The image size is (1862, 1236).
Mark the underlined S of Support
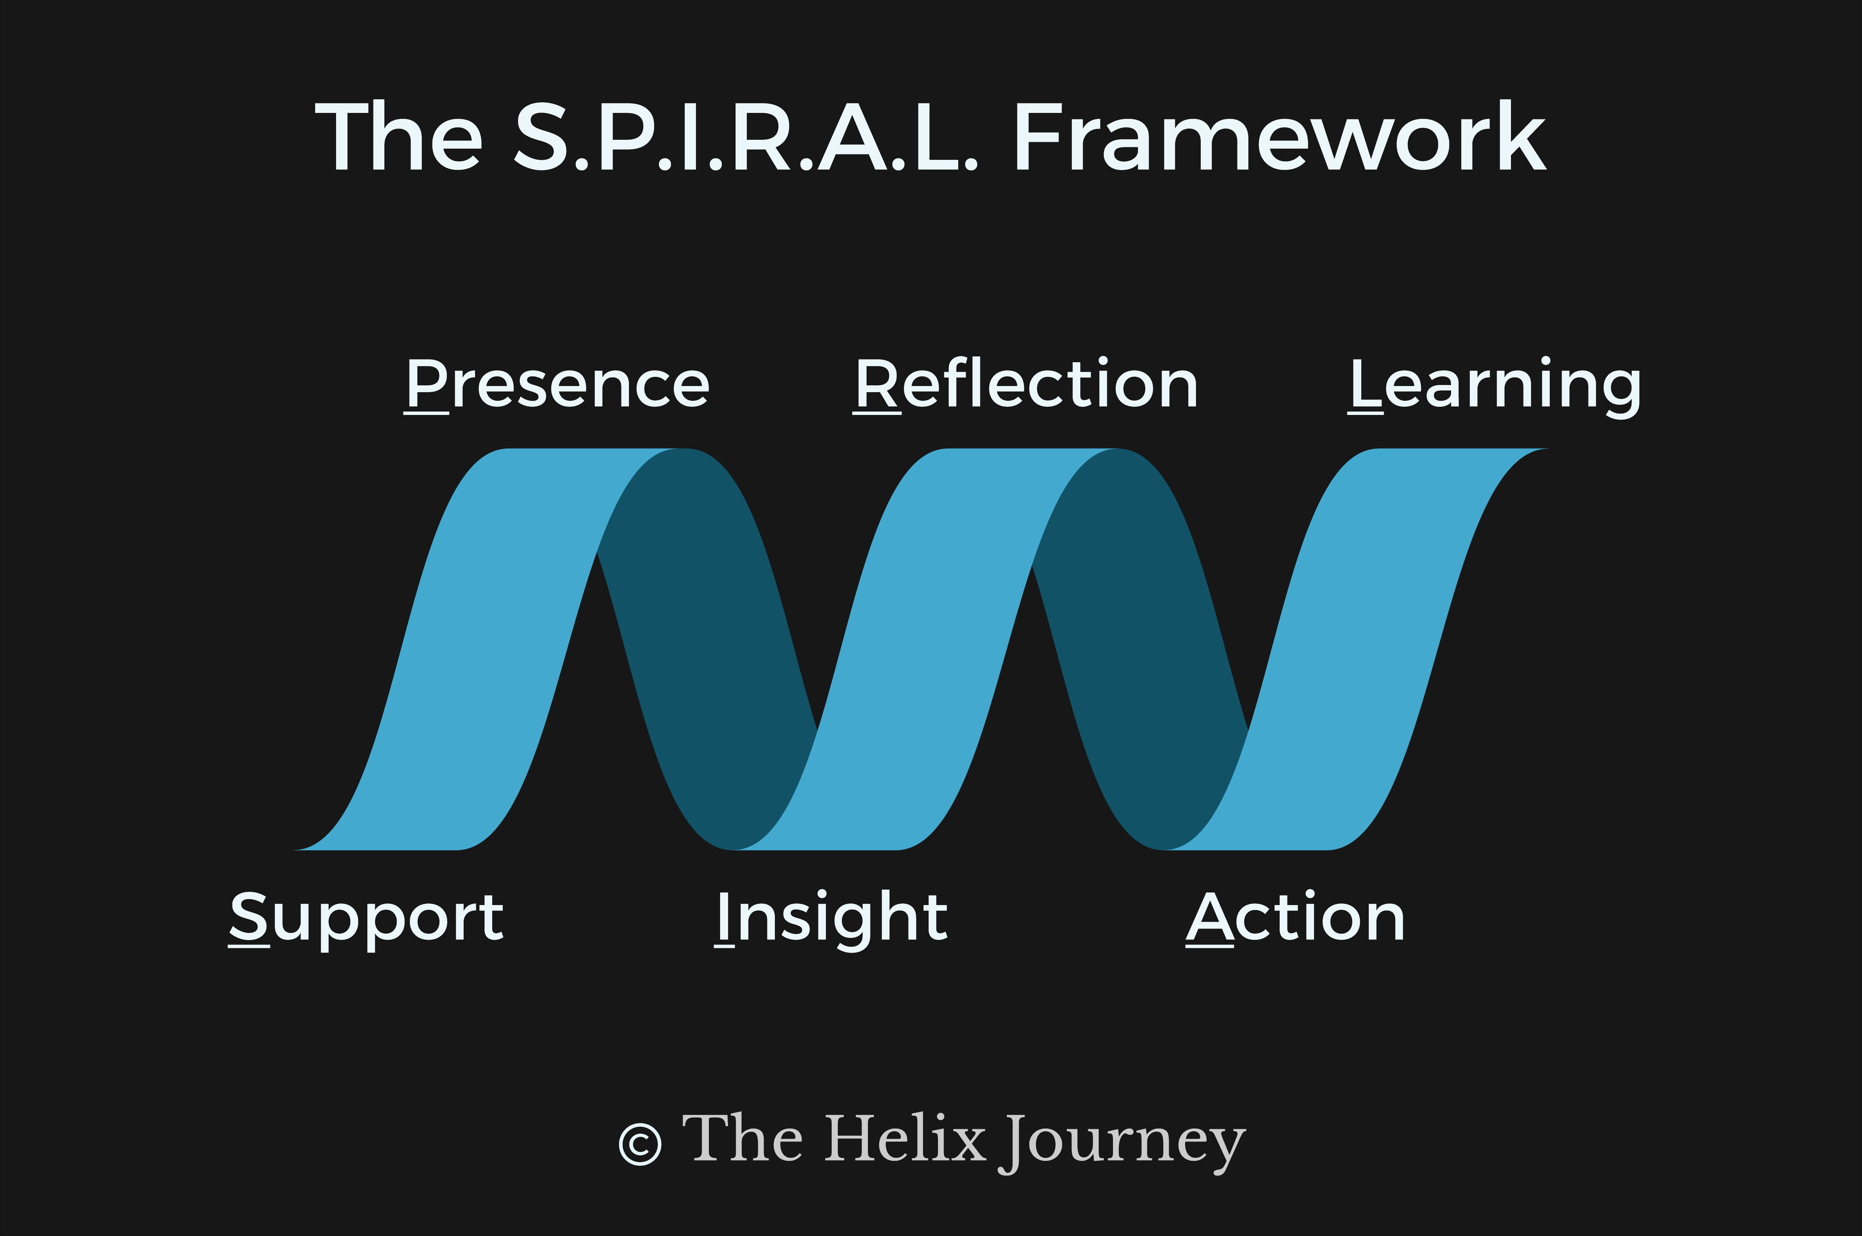249,917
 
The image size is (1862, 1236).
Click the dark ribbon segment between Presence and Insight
710,631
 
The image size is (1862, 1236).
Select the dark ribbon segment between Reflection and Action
1143,631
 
